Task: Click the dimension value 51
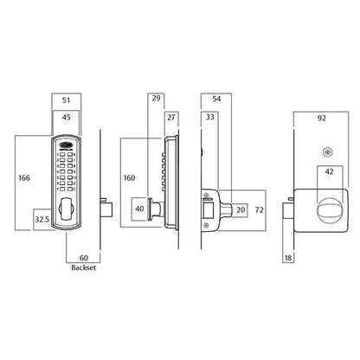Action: point(67,98)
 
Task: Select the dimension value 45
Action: point(67,115)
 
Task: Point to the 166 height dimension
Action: point(25,178)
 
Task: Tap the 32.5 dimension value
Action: point(42,220)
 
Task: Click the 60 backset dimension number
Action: point(84,258)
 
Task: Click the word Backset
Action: point(84,269)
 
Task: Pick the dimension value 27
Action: point(170,118)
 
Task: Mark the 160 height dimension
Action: point(130,179)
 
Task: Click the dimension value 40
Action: point(139,209)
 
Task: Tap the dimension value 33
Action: point(209,117)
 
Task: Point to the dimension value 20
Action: point(241,209)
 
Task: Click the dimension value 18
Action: point(288,257)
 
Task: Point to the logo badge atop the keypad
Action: point(67,145)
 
